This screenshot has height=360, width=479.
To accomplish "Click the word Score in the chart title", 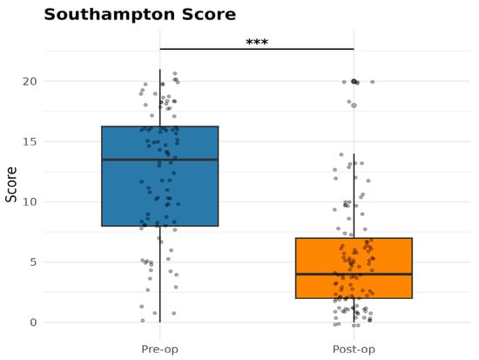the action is (209, 15).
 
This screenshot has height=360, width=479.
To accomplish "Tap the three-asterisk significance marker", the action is (257, 42).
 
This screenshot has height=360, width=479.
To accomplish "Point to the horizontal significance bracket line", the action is (257, 49).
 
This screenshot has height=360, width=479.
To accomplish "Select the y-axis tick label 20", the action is (30, 81).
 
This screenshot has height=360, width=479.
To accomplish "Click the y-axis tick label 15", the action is (30, 141).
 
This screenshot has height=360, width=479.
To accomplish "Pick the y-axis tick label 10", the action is (30, 202).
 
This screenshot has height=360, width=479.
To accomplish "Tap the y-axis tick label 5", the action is (33, 262).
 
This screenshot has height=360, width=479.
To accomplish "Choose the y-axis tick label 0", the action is (33, 323).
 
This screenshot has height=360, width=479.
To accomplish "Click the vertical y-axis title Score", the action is (11, 185).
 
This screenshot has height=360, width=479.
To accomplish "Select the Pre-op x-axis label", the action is (159, 350).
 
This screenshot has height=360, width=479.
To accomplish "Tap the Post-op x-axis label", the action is (354, 350).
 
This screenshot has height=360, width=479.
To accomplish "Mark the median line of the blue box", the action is (159, 160).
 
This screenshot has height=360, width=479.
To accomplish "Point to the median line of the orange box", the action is (354, 274).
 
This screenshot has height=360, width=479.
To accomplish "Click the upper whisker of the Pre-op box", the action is (159, 98).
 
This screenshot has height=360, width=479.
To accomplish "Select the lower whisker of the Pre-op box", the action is (159, 274).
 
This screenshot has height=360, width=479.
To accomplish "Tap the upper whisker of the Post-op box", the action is (354, 196).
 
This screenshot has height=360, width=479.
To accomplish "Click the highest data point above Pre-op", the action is (175, 73).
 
